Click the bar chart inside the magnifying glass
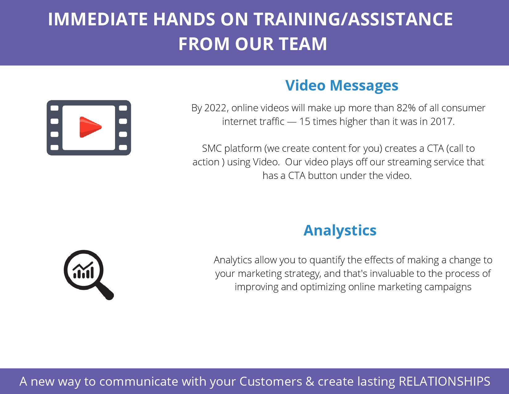[x=83, y=270]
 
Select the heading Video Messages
[x=342, y=85]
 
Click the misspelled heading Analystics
[x=340, y=230]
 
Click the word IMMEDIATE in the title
[x=98, y=19]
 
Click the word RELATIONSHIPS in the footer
[x=444, y=381]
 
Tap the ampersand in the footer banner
[x=310, y=381]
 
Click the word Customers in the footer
[x=271, y=381]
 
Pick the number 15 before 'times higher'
[x=305, y=121]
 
